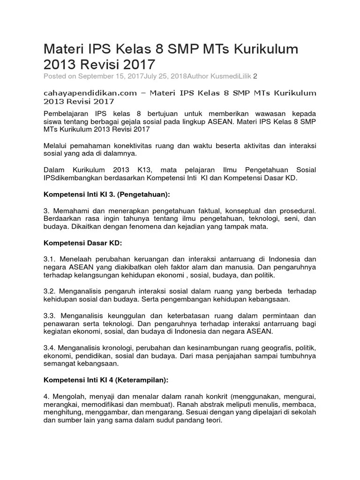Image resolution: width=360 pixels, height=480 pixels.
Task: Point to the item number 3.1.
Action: point(49,259)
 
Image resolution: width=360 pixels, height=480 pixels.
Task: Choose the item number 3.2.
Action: point(49,291)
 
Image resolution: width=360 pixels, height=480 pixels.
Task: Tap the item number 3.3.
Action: point(49,315)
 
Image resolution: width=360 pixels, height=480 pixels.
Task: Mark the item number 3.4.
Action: point(49,348)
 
